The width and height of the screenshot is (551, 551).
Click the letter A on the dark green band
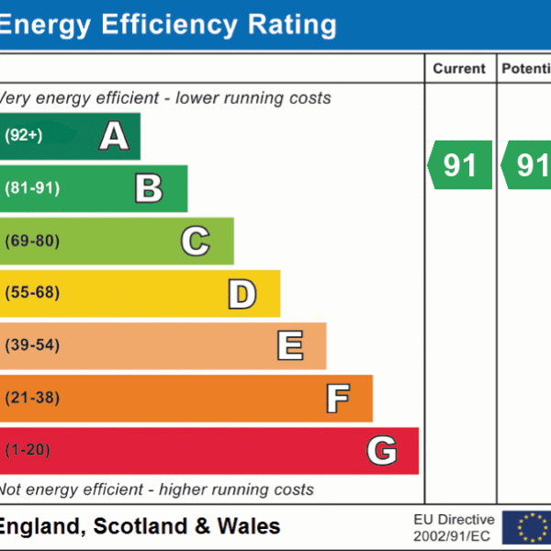click(x=114, y=136)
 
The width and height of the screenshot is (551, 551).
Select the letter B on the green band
click(x=149, y=188)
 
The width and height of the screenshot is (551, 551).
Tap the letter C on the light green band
click(x=195, y=241)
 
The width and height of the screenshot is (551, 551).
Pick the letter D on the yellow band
click(x=242, y=293)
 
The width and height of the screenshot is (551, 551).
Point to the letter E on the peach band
click(x=289, y=345)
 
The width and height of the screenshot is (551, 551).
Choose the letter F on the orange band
click(x=337, y=398)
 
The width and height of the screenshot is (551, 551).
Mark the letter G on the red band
click(x=382, y=450)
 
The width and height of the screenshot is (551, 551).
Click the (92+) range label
click(x=24, y=136)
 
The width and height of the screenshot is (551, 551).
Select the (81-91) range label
click(x=32, y=188)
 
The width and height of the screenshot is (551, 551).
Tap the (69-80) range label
click(x=32, y=241)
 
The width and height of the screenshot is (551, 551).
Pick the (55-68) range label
click(x=32, y=293)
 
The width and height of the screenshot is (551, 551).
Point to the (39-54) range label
click(x=32, y=345)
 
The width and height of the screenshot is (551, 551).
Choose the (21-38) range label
click(x=32, y=398)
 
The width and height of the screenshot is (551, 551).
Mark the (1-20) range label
click(x=28, y=450)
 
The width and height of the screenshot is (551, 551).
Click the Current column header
click(x=459, y=69)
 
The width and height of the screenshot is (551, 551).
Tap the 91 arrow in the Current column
click(x=460, y=164)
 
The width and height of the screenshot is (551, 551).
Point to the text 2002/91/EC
click(x=454, y=535)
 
